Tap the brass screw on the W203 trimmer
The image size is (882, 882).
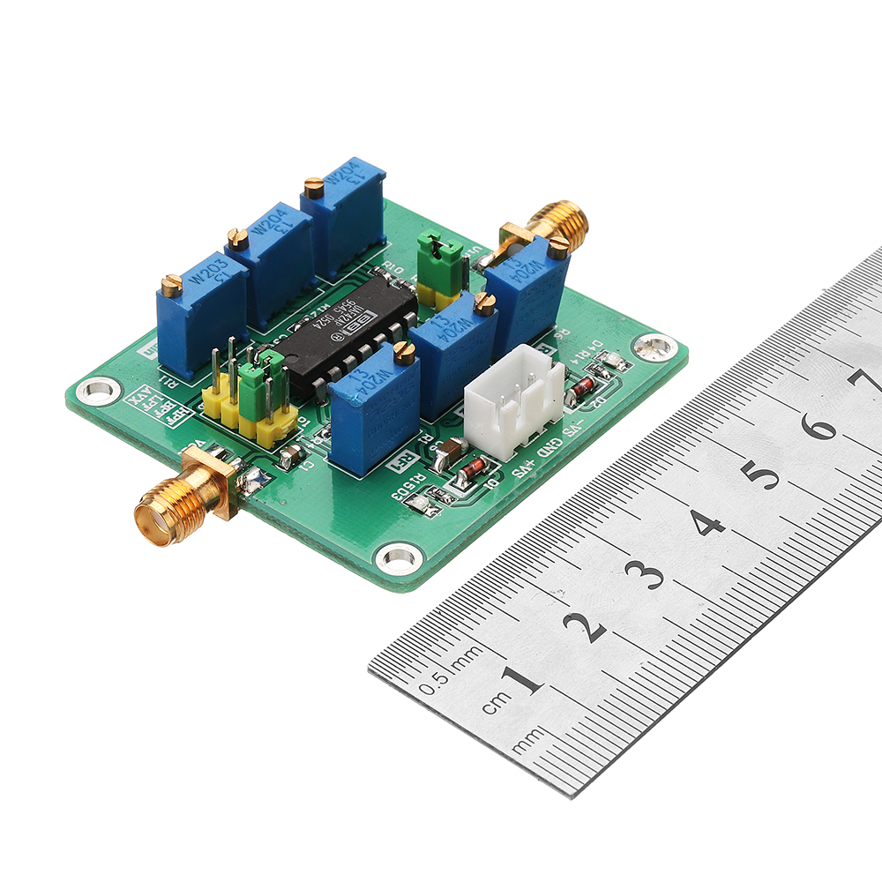(171, 284)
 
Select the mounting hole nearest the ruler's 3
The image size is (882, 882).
(399, 557)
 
